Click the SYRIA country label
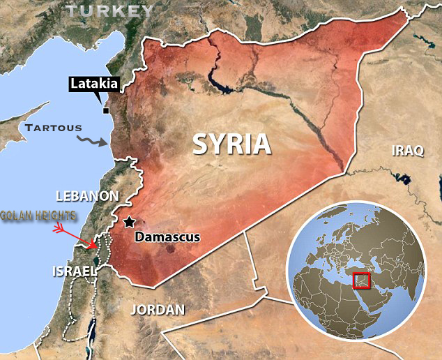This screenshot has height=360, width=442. tap(231, 143)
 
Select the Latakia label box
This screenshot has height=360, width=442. tap(94, 85)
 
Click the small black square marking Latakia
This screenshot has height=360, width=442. tap(106, 110)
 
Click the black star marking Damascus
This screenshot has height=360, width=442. tap(129, 223)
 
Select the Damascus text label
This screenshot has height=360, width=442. tap(167, 237)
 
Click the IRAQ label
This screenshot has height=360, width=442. tap(408, 151)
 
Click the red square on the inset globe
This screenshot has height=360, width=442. tap(362, 280)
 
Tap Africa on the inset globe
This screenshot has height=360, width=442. tap(328, 307)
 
